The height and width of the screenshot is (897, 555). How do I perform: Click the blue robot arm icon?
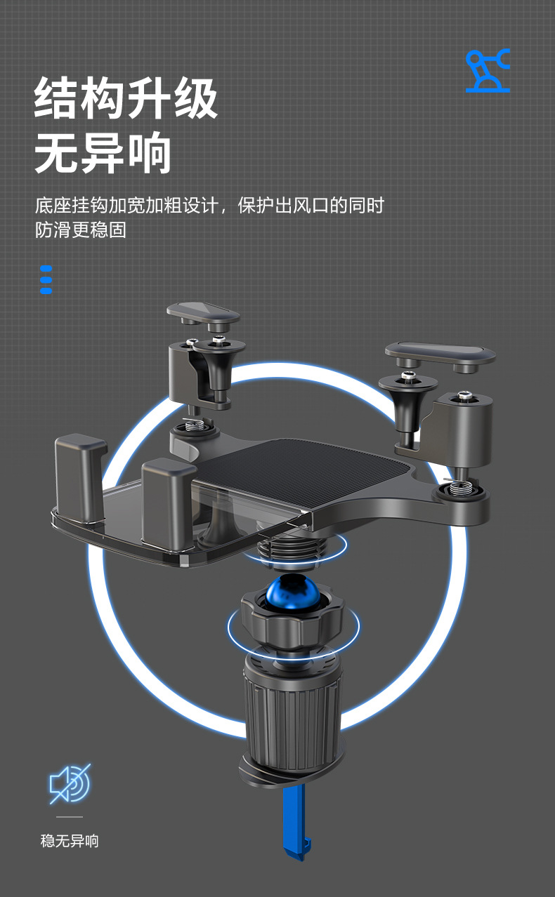point(488,71)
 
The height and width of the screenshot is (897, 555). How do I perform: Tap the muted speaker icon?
point(69,783)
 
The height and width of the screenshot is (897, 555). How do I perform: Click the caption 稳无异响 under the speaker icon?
point(70,840)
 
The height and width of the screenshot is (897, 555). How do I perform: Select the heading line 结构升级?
point(126,99)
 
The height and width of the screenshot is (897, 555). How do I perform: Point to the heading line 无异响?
point(103,152)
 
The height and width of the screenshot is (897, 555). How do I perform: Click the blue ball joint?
point(292,594)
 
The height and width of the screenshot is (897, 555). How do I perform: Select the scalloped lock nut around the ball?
point(292,618)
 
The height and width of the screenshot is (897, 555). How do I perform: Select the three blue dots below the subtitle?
point(46,279)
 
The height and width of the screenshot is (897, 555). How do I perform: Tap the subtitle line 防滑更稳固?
point(81,230)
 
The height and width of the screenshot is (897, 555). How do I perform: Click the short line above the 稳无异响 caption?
point(69,817)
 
